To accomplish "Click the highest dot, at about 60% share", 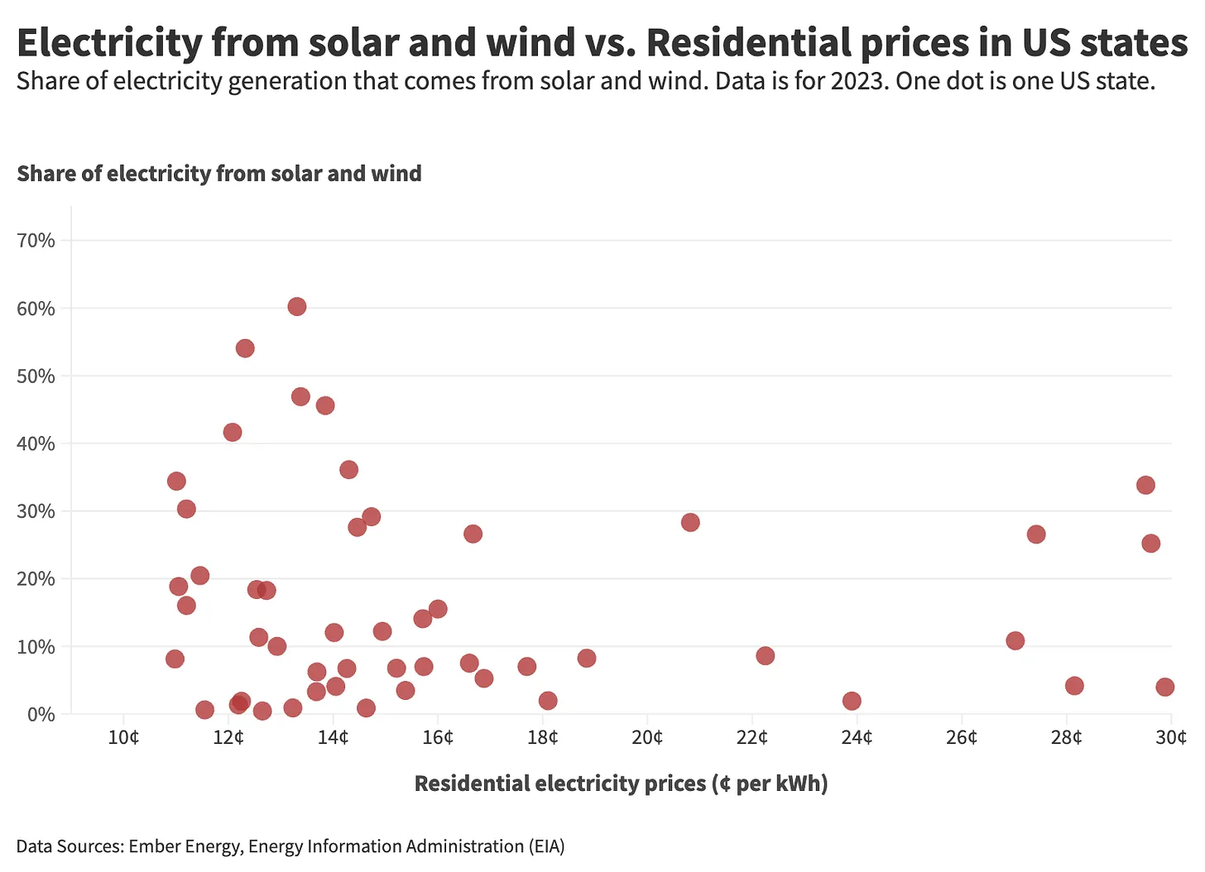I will (297, 307).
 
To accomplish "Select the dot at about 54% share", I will (245, 348).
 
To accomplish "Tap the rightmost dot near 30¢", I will (1164, 687).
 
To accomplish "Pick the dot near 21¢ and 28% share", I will (690, 522).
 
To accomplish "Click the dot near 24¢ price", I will (852, 701).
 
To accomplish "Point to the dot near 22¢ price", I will (765, 655).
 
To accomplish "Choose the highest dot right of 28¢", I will (1145, 485).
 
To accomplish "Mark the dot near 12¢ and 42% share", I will (233, 432).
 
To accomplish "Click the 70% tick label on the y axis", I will (36, 241).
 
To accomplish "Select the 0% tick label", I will (41, 714).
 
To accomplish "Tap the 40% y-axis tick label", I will (36, 443).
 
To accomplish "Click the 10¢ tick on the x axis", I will (123, 737).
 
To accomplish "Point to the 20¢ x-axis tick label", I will (647, 737).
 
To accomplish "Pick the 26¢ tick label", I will (962, 737).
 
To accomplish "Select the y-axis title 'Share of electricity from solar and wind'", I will (219, 174).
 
